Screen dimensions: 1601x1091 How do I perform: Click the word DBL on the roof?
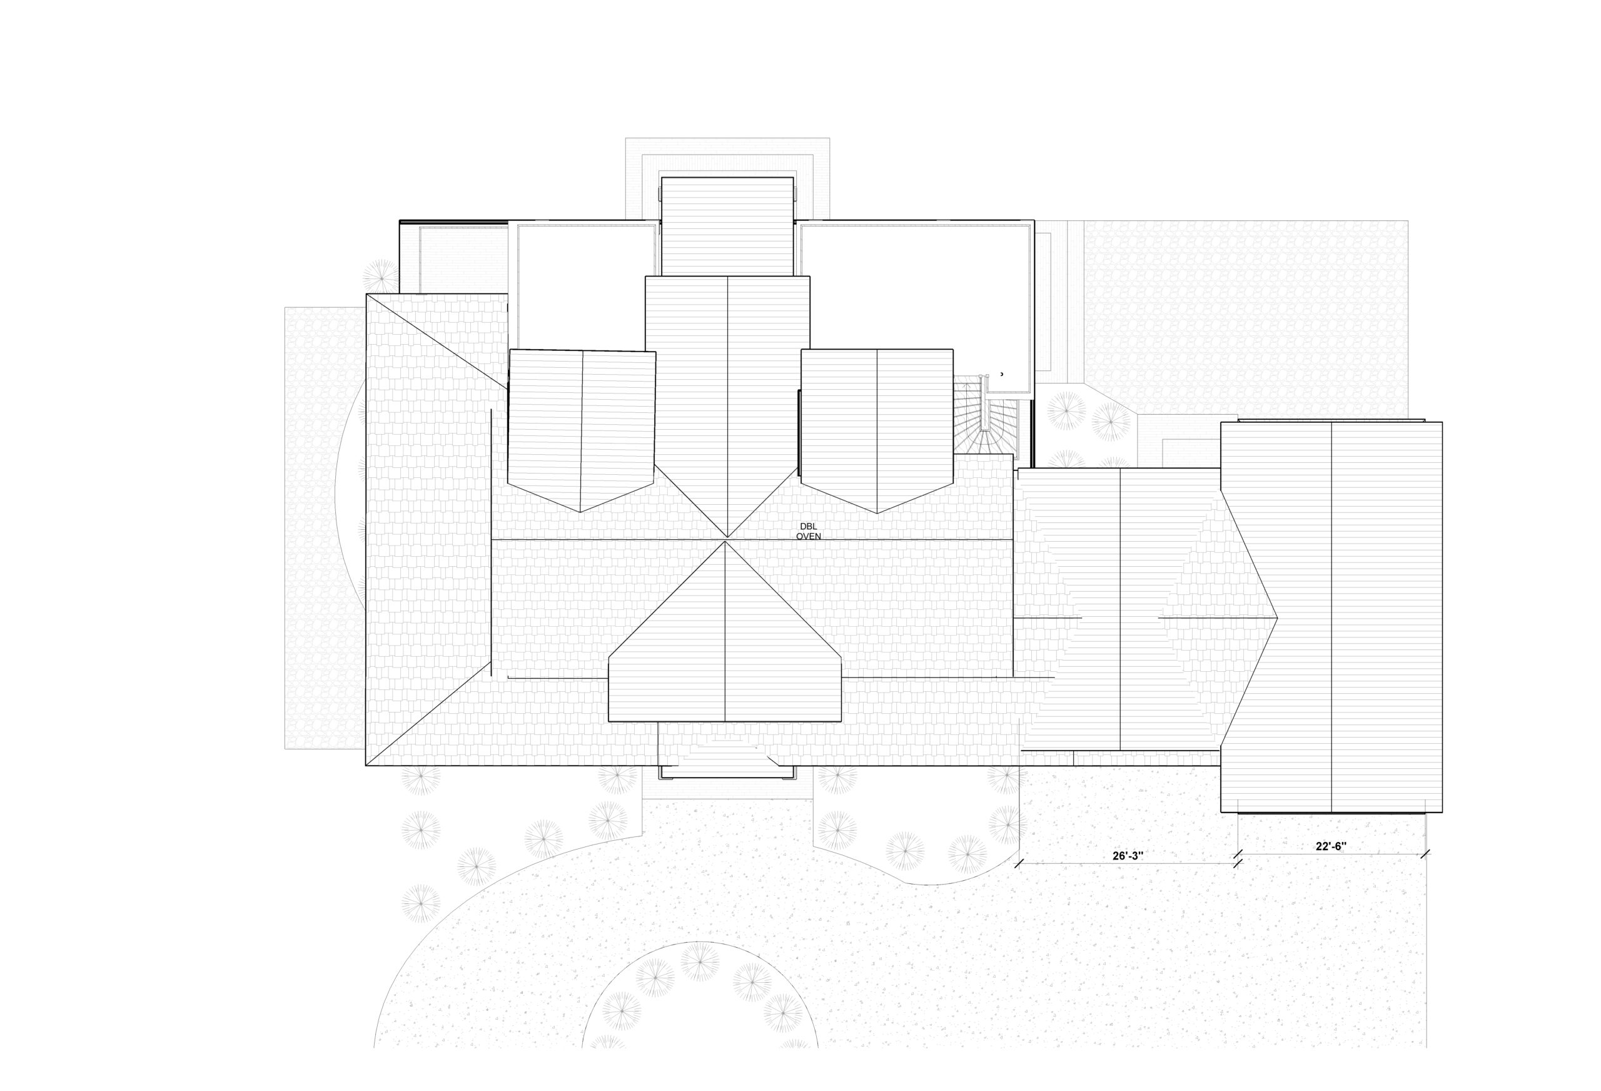tap(808, 527)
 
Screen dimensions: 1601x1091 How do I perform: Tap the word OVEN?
tap(809, 536)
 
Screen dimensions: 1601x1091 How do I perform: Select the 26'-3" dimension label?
tap(1128, 855)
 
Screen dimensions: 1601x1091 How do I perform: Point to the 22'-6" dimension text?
tap(1331, 847)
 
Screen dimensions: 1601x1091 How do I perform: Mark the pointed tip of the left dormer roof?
tap(580, 512)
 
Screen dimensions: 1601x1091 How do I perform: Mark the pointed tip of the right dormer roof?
tap(877, 514)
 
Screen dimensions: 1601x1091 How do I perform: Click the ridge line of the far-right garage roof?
tap(1331, 617)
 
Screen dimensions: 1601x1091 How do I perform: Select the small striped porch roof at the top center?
tap(727, 226)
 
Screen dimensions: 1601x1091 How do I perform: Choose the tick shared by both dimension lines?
tap(1237, 859)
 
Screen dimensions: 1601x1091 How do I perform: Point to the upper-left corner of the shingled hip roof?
tap(367, 294)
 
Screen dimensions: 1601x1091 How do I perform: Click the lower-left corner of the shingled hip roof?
tap(366, 765)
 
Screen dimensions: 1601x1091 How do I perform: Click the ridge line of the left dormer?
tap(582, 432)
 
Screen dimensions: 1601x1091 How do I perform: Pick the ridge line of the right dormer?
tap(876, 432)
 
